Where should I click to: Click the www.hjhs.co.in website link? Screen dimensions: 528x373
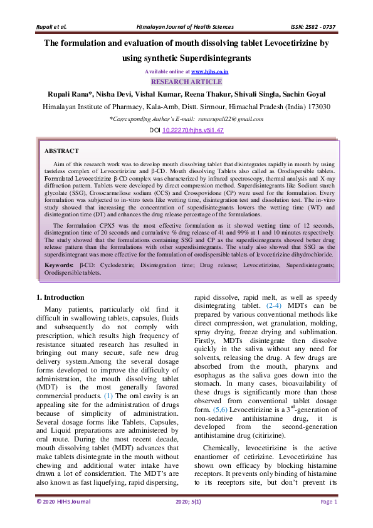pos(209,72)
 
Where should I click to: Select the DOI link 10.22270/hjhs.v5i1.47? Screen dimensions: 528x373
pos(192,130)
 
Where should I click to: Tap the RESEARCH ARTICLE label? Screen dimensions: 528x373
pos(186,82)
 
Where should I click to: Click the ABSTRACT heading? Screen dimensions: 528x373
pos(61,150)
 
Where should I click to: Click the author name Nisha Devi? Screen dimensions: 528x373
pos(111,94)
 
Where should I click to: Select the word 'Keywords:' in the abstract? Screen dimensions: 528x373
pos(59,266)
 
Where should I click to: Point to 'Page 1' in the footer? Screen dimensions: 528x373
pos(329,502)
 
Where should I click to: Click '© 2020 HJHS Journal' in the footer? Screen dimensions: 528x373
pos(63,502)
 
